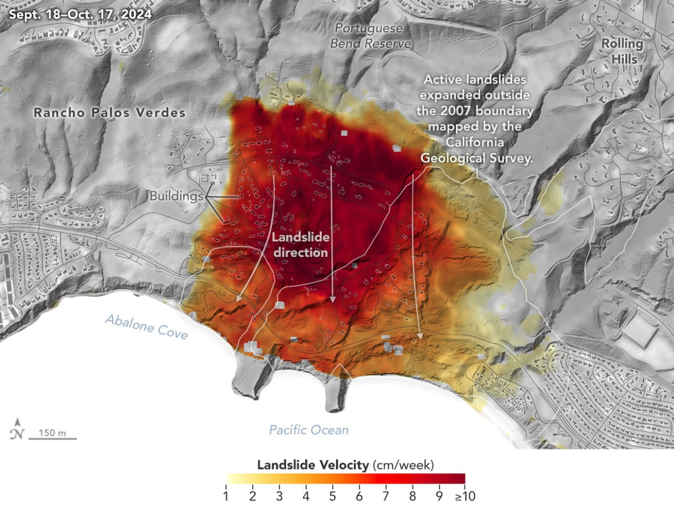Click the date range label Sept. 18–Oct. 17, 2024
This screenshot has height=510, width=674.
80,14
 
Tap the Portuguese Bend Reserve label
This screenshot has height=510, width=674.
370,36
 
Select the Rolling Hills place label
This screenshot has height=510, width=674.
623,51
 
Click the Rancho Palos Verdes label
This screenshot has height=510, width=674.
110,112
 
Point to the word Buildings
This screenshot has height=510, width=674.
176,196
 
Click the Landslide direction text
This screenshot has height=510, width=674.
300,245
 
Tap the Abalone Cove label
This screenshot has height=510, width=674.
146,327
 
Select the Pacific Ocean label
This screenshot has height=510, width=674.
309,430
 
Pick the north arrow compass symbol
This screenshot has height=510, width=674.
17,429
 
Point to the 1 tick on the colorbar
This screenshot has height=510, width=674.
226,496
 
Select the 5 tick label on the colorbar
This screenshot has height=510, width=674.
333,496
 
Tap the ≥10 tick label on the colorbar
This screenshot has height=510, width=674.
465,496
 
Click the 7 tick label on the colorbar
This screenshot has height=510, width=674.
386,496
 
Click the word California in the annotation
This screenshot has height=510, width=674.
474,142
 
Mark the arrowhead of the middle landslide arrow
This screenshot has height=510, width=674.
332,299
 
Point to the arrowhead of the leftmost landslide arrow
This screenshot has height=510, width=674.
239,298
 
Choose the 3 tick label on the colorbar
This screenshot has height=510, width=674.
279,496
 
